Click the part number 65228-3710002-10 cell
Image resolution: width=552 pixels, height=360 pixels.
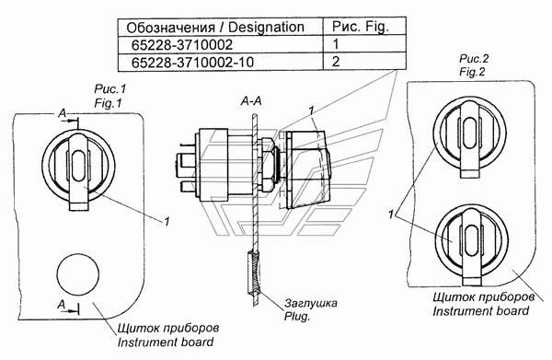[192, 63]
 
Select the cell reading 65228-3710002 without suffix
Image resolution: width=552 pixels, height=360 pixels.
[182, 45]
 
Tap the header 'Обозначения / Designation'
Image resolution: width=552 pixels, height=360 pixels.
[215, 27]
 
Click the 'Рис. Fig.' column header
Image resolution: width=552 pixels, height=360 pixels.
[361, 27]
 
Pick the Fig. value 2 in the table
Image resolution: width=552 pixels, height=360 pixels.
[336, 62]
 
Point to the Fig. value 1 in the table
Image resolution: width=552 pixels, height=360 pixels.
[336, 44]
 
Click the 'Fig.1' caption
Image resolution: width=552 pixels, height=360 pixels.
[108, 103]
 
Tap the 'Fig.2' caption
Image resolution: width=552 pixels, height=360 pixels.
[472, 72]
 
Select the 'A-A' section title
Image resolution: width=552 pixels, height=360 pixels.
[251, 101]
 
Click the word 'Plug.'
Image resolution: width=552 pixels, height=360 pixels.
[297, 317]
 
